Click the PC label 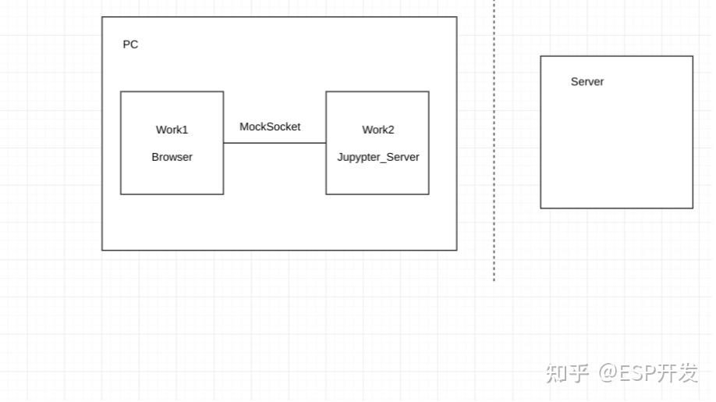tap(130, 44)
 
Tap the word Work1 tap(172, 130)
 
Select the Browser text tap(172, 157)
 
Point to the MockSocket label tap(270, 126)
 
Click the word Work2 tap(377, 130)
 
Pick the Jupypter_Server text tap(377, 157)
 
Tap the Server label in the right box tap(587, 82)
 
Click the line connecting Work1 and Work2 tap(275, 143)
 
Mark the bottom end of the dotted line tap(494, 279)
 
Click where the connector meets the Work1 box tap(224, 143)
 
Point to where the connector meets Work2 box tap(326, 143)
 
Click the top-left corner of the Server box tap(541, 56)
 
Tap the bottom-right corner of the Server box tap(693, 208)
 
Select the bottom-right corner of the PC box tap(456, 250)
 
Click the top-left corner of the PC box tap(102, 17)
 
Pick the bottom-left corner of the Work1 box tap(121, 194)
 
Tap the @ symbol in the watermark tap(608, 373)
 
